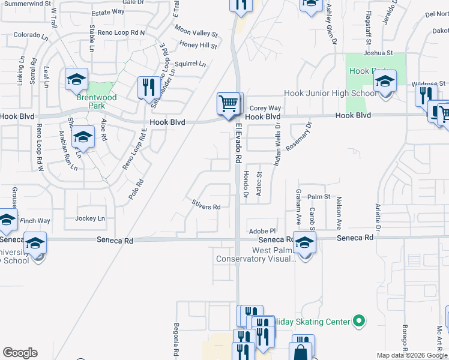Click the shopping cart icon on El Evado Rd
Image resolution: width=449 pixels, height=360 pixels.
pos(229,104)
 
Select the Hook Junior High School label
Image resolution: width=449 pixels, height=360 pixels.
pos(330,93)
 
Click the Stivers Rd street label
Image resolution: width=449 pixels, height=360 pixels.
pos(206,206)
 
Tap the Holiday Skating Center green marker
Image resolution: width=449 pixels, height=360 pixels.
pos(359,322)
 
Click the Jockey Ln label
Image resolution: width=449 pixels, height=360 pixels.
pos(90,218)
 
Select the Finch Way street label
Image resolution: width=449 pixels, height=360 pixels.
pos(35,221)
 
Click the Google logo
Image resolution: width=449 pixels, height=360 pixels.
pos(20,353)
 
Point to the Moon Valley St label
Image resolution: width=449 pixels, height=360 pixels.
pos(196,31)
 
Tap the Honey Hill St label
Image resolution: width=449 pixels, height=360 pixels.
pos(198,45)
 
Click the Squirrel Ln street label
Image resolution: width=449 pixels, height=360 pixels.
pos(189,63)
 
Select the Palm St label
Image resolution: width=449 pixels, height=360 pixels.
pos(319,196)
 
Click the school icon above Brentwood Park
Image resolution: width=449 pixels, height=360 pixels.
pos(77,79)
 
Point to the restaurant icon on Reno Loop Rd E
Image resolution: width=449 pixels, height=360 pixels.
pos(147,88)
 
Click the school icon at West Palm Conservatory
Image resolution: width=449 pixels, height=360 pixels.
pos(305,243)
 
